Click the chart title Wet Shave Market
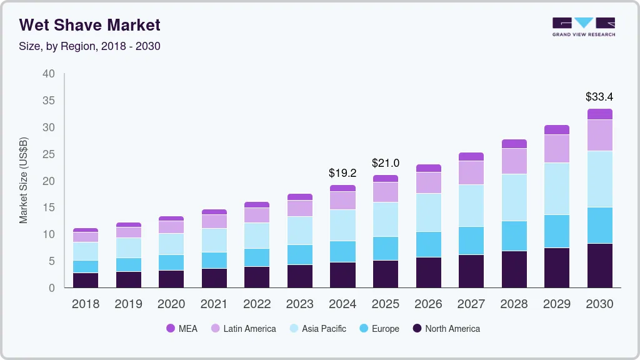coord(89,25)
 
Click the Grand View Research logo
coord(583,26)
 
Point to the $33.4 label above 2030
coord(599,97)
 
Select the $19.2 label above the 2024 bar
coord(342,173)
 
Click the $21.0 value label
coord(385,163)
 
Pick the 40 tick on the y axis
coord(49,74)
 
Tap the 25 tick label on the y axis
coord(49,154)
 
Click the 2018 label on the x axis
coord(85,304)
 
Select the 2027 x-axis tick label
coord(471,304)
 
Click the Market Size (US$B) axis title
coord(24,181)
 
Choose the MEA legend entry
coord(181,328)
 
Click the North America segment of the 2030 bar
coord(599,266)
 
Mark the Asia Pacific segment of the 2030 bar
coord(599,179)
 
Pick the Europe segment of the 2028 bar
coord(514,236)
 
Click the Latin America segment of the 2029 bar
coord(556,148)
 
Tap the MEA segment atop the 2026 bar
coord(428,168)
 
